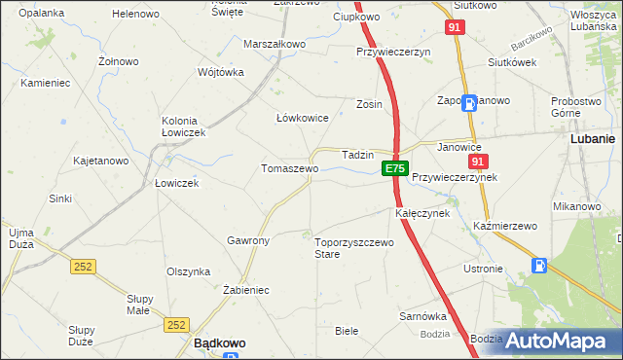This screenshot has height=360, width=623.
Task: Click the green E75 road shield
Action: pyautogui.click(x=393, y=169)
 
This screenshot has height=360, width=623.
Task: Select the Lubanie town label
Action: pyautogui.click(x=591, y=139)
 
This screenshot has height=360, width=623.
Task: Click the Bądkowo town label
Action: pyautogui.click(x=219, y=343)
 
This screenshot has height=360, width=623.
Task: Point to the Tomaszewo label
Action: pyautogui.click(x=289, y=168)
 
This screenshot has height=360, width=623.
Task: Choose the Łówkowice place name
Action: pyautogui.click(x=302, y=118)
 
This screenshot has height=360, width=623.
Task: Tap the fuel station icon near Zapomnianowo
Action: pyautogui.click(x=470, y=102)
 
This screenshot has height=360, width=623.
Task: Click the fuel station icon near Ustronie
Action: pyautogui.click(x=539, y=265)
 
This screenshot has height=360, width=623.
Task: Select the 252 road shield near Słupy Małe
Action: pyautogui.click(x=176, y=325)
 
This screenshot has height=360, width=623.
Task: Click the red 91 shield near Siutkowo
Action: pyautogui.click(x=456, y=28)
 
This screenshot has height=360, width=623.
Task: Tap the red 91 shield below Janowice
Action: pyautogui.click(x=477, y=162)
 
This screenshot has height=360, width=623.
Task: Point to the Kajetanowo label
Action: pyautogui.click(x=101, y=161)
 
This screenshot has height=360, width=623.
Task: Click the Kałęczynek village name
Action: pyautogui.click(x=421, y=212)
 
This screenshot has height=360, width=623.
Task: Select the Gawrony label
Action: pyautogui.click(x=247, y=240)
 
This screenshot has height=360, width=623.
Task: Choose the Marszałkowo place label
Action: pyautogui.click(x=275, y=45)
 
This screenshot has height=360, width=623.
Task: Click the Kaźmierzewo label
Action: pyautogui.click(x=505, y=226)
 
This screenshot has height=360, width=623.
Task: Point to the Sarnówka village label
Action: pyautogui.click(x=422, y=316)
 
